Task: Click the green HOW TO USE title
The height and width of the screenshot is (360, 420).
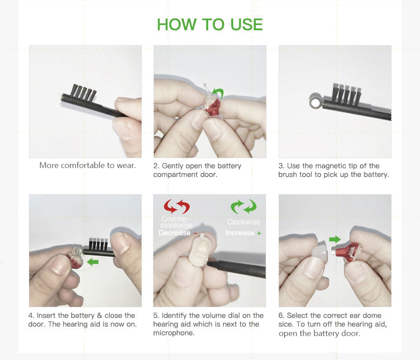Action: click(x=210, y=24)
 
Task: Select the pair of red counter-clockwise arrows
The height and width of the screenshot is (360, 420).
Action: click(x=177, y=206)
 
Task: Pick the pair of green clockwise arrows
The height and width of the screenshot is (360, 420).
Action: click(x=243, y=206)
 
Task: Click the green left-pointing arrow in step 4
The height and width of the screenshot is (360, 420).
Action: click(x=93, y=262)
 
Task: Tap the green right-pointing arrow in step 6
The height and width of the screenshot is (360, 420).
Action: click(x=335, y=239)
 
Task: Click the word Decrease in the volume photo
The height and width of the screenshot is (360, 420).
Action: click(x=174, y=233)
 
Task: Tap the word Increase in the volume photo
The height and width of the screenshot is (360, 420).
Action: click(x=240, y=233)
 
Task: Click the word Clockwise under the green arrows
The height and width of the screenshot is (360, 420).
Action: click(x=243, y=222)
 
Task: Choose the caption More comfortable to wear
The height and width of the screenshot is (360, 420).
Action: click(x=88, y=165)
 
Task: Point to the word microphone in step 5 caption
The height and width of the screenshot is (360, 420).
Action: click(x=173, y=333)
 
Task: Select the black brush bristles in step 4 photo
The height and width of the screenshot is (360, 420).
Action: click(x=98, y=243)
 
